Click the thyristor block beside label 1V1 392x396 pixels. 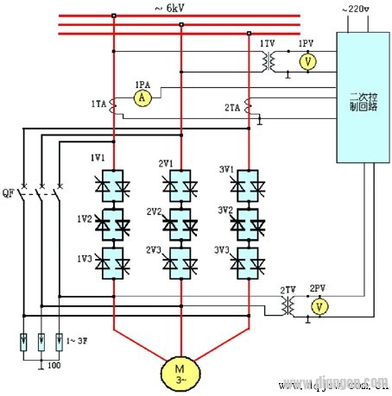click(x=113, y=185)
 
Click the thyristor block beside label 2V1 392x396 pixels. click(x=181, y=185)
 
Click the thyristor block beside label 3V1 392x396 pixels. click(x=249, y=185)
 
